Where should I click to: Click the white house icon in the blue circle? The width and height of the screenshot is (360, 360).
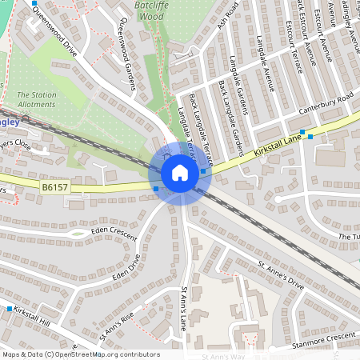pyautogui.click(x=180, y=173)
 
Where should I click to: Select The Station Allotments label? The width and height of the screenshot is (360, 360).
pyautogui.click(x=37, y=99)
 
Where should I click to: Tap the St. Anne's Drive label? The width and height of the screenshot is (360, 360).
pyautogui.click(x=281, y=274)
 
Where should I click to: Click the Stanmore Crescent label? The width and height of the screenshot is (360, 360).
pyautogui.click(x=323, y=339)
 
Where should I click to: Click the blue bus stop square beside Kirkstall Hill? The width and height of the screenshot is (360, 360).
pyautogui.click(x=10, y=309)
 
